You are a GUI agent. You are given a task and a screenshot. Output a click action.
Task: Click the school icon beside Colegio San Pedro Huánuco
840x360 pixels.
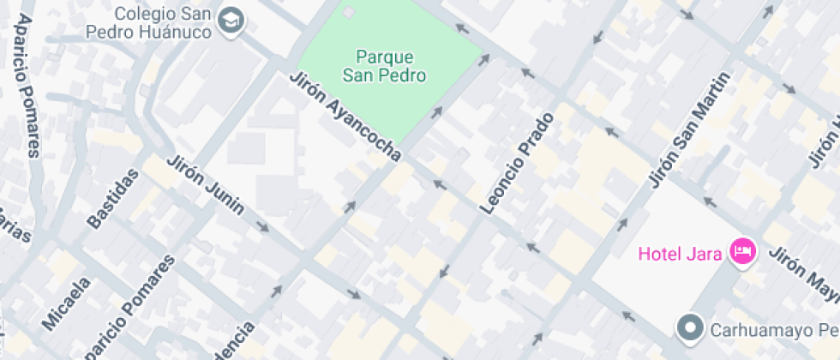pos(230,21)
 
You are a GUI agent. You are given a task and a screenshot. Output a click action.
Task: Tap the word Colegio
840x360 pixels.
pos(140,14)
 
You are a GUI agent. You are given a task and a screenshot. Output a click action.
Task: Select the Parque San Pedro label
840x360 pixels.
pos(384,66)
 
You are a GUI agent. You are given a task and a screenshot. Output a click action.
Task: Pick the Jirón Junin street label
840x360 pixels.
pos(206,184)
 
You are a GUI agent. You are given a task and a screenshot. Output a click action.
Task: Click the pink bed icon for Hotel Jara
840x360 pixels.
pos(742,252)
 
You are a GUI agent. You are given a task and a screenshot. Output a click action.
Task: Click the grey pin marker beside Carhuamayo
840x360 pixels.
pos(689,327)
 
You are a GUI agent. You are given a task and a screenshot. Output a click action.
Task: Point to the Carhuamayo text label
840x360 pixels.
pos(763,329)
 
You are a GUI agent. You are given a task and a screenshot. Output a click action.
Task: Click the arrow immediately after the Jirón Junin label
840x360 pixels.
pos(262,228)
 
